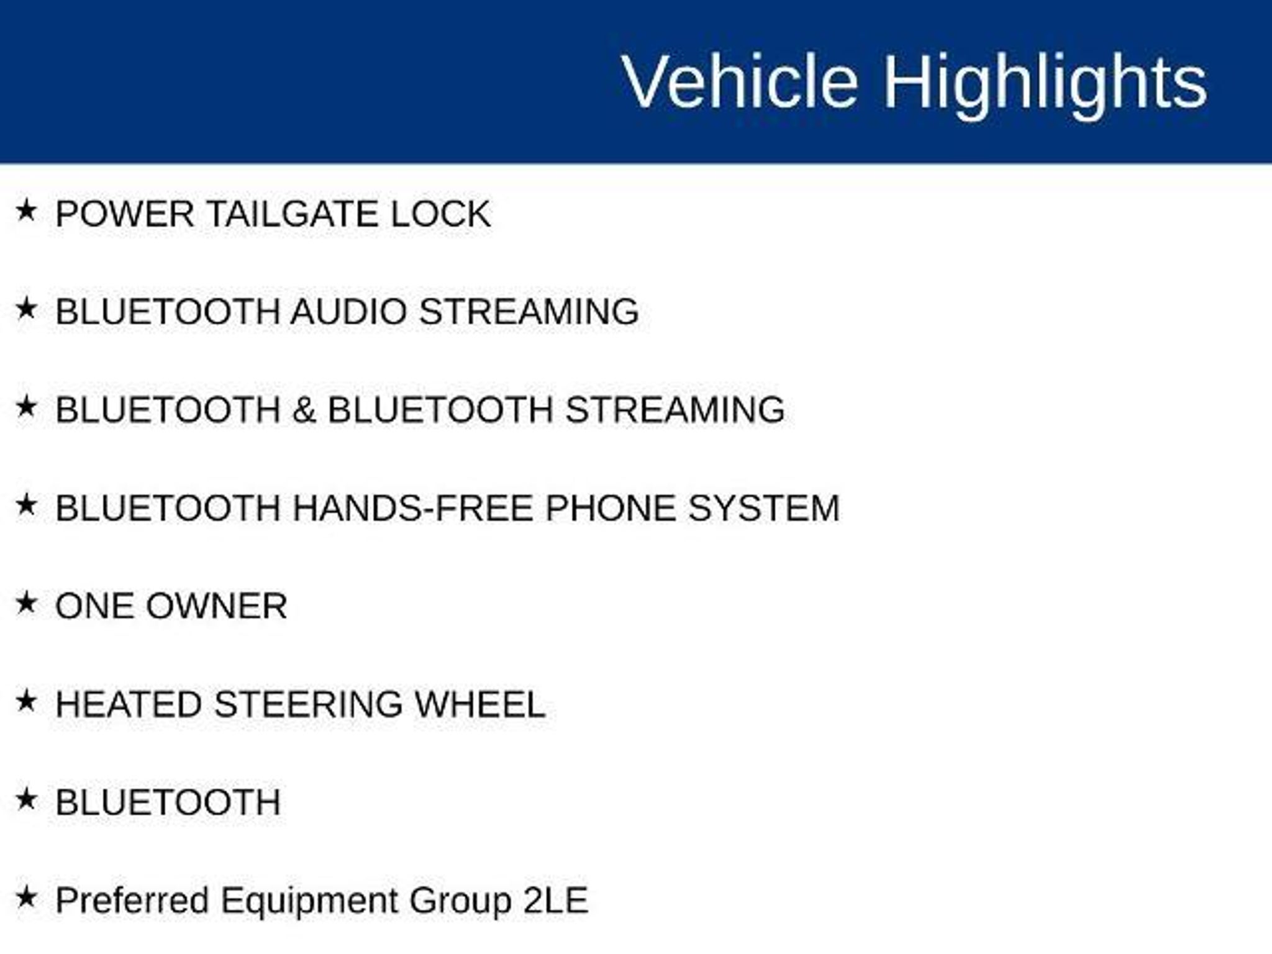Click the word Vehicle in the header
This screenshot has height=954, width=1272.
click(x=740, y=81)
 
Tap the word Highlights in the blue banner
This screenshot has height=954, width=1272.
click(x=1045, y=86)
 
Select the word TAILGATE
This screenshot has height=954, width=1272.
click(x=292, y=214)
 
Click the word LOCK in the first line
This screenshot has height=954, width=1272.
click(x=440, y=214)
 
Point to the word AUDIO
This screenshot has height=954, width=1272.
click(x=349, y=311)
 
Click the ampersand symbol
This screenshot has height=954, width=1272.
click(x=304, y=410)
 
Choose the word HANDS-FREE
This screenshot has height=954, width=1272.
click(x=412, y=508)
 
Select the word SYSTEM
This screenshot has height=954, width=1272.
click(x=764, y=508)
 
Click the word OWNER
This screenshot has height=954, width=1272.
click(x=217, y=606)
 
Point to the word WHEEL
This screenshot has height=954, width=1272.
click(x=480, y=704)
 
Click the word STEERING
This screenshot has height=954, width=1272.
click(x=309, y=704)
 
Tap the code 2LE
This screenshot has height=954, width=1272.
click(x=555, y=901)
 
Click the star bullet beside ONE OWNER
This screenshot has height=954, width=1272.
click(x=27, y=602)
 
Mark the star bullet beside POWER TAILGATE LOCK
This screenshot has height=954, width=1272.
click(x=27, y=210)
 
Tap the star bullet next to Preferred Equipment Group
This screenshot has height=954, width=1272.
click(x=27, y=897)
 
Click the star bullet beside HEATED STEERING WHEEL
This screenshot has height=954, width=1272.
click(x=27, y=701)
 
